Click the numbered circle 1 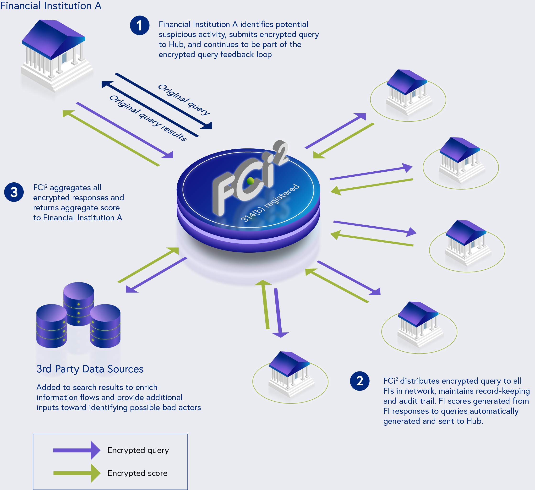[140, 26]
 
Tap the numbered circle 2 [360, 381]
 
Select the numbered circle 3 [14, 192]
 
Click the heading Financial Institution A [51, 5]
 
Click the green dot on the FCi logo [250, 181]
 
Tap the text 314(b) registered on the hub [270, 202]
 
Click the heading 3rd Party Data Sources [90, 369]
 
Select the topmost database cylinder [79, 302]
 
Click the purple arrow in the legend [76, 450]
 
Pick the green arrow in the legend [76, 473]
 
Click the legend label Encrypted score [137, 473]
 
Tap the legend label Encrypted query [138, 450]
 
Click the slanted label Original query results [148, 118]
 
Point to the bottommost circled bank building [291, 374]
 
